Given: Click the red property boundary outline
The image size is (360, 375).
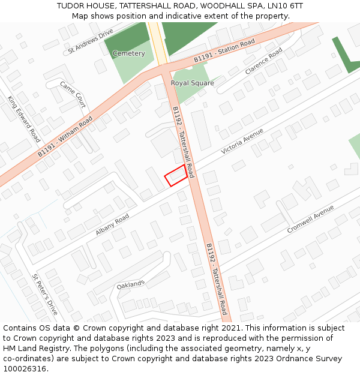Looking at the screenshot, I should (175, 175).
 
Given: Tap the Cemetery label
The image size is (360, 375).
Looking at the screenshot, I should (129, 53).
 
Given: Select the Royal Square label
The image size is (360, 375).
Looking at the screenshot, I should (192, 83).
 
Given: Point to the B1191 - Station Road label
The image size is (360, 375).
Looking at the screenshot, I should (224, 52).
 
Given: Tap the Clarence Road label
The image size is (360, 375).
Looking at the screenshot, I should (263, 61).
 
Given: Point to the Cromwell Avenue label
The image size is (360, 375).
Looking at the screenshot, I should (310, 220).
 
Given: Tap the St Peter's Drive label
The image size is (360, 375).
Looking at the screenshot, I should (45, 295).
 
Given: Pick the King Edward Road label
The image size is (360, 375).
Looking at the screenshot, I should (24, 115).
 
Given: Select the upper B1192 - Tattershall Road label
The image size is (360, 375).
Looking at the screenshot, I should (183, 142).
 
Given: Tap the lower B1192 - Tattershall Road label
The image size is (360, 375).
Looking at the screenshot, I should (216, 279).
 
